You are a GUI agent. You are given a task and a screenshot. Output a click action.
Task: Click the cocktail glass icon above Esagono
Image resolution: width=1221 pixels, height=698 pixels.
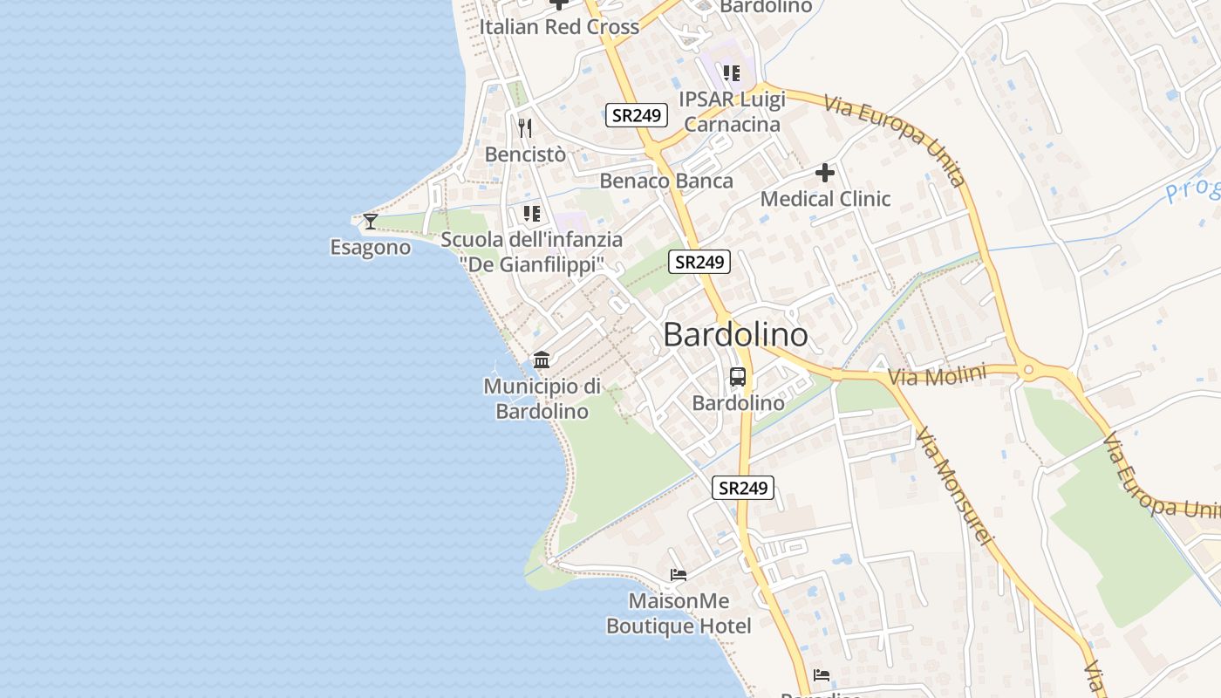(371, 221)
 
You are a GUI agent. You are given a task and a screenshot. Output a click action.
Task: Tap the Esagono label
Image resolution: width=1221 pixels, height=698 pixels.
(370, 248)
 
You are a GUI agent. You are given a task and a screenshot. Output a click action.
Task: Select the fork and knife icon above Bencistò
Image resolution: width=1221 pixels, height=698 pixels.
(525, 128)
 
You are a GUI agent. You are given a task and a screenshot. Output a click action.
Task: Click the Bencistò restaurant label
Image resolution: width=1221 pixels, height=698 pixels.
(525, 154)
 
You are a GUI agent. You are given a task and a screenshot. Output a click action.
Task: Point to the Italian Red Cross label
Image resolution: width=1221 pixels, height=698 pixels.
(559, 27)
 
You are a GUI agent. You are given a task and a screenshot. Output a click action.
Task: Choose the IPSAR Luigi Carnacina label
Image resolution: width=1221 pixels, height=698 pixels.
(733, 112)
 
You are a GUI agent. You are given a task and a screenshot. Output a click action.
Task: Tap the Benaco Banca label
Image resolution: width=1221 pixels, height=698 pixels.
(666, 181)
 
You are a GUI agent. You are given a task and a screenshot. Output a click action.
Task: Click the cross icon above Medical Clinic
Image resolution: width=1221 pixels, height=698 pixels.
(825, 173)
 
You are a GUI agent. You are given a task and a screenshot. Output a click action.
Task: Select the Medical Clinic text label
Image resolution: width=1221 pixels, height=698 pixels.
(825, 199)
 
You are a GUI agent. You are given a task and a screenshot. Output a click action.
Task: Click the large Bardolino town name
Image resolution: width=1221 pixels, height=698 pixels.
(735, 335)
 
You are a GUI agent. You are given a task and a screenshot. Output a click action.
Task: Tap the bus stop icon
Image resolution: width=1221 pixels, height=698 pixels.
(738, 377)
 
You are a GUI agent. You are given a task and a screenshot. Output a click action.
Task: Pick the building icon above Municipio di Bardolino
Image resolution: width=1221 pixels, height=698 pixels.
(542, 359)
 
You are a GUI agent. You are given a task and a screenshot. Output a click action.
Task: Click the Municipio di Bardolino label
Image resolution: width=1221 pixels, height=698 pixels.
(542, 399)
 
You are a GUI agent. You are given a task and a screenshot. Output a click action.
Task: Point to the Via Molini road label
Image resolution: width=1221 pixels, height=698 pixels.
(937, 376)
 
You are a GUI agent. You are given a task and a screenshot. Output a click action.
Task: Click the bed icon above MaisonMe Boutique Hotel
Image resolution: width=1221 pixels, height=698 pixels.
(679, 574)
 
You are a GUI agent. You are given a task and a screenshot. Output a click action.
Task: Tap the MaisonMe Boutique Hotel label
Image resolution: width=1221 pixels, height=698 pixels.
(679, 613)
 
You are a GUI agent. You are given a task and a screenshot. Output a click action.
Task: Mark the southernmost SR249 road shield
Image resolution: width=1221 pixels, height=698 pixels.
(743, 488)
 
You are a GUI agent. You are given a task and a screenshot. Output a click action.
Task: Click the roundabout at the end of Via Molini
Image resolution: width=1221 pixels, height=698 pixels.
(1029, 371)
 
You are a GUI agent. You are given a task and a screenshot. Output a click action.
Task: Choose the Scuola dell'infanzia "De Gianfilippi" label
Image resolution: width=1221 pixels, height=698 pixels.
(532, 251)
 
